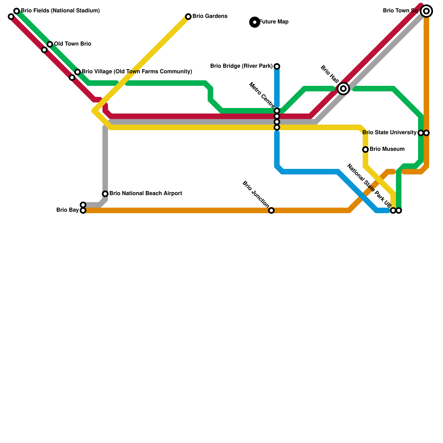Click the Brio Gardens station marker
188,17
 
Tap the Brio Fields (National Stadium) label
60,11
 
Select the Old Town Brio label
72,44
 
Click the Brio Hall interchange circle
343,89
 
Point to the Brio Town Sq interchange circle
426,11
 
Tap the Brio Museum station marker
365,150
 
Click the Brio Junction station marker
271,210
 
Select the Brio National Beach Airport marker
105,194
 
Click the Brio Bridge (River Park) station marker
277,66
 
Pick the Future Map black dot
255,22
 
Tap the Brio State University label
389,133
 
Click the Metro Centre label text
262,95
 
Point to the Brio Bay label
67,210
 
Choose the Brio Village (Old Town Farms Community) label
137,72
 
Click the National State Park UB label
369,186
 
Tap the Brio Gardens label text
210,16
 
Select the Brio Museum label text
387,149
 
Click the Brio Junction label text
256,194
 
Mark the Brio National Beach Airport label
146,194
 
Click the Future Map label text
274,22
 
